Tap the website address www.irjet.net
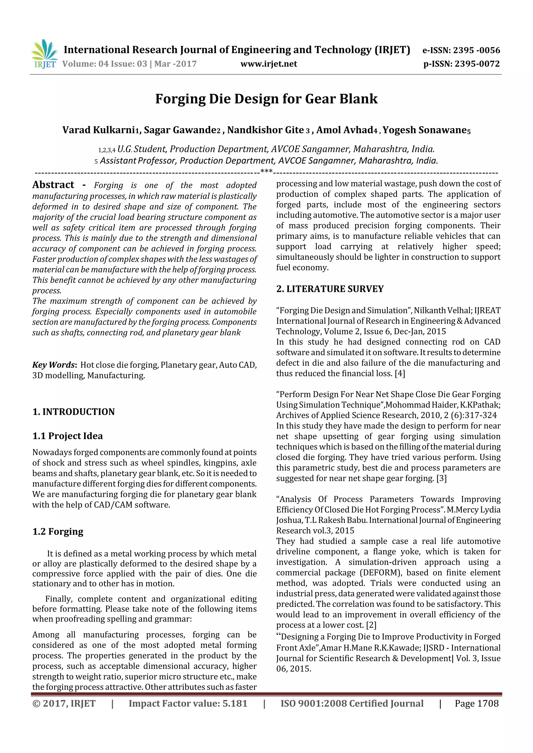tap(269, 64)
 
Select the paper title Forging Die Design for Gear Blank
tap(266, 99)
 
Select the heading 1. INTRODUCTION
tap(74, 412)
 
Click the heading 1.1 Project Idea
tap(68, 436)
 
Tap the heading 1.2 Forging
tap(58, 531)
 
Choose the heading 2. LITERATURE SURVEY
tap(330, 289)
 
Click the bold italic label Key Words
tap(54, 365)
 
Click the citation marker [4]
tap(400, 374)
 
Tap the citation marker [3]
tap(441, 479)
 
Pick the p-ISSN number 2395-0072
tap(478, 64)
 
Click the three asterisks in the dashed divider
tap(266, 171)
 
